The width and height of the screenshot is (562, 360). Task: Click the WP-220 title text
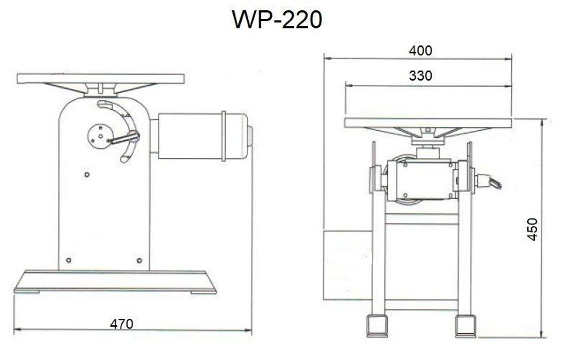(277, 20)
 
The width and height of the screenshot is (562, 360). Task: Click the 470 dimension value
(122, 324)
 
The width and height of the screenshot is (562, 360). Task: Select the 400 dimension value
(420, 51)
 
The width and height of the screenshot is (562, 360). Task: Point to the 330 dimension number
(420, 75)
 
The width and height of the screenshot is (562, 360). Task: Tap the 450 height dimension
(532, 229)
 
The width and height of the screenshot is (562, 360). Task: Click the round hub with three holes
(98, 136)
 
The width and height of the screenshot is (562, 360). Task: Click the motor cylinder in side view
(197, 136)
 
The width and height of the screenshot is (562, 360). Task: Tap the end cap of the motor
(250, 136)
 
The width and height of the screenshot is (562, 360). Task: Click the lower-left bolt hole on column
(69, 260)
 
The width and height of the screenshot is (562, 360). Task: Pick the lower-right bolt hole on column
(139, 260)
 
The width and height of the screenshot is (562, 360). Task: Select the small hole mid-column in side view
(87, 175)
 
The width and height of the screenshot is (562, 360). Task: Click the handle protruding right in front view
(489, 182)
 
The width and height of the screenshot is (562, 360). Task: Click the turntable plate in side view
(100, 78)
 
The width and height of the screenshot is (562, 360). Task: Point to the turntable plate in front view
(429, 123)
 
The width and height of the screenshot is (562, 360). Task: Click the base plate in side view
(115, 281)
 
